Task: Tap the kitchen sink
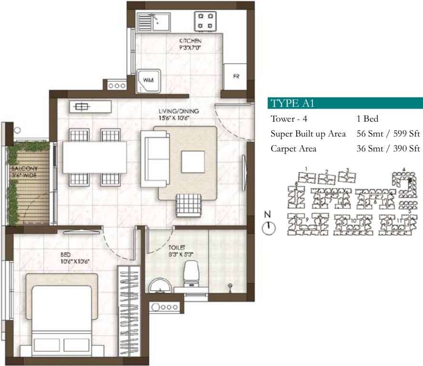153,21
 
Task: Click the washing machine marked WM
149,81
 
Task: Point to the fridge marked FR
236,77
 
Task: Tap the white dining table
95,158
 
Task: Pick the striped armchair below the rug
188,205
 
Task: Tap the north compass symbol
269,227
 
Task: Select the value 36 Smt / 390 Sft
388,149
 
